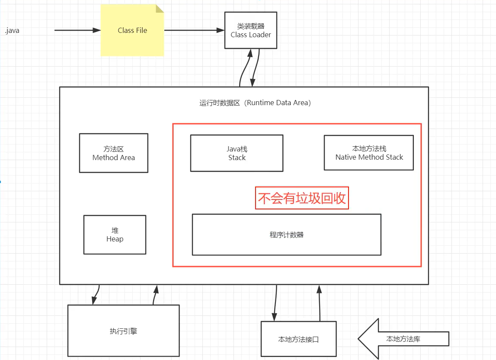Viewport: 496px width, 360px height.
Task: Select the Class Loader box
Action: pos(251,30)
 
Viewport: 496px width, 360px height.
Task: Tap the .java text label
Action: pos(12,31)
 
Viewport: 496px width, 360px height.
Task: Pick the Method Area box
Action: pos(113,153)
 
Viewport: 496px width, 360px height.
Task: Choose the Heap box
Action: pos(115,235)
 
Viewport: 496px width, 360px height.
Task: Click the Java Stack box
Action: pos(237,153)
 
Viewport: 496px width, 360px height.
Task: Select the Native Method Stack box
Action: pos(369,153)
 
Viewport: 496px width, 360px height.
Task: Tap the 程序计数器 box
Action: pos(286,235)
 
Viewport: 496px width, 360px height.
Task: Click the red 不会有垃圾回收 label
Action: pos(302,198)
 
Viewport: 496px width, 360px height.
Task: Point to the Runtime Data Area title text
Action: pos(255,103)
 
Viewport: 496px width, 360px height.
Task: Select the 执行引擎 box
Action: pos(123,331)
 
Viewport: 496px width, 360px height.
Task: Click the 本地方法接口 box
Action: pos(298,340)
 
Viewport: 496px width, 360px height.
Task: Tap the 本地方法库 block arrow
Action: pos(403,339)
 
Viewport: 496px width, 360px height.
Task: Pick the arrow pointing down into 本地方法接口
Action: pos(275,303)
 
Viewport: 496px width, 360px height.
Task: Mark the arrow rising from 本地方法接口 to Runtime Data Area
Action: pos(320,303)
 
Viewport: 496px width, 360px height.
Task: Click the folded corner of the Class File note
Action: pos(160,9)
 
